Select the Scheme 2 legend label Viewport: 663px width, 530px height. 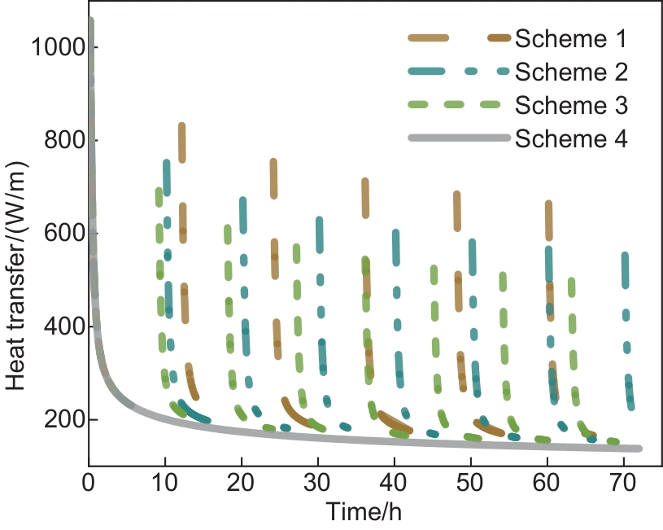[x=571, y=72]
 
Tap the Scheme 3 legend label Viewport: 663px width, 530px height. [x=571, y=105]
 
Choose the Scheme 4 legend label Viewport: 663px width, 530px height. [x=571, y=139]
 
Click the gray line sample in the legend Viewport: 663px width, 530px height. [x=460, y=139]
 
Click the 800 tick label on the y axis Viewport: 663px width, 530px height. [x=60, y=141]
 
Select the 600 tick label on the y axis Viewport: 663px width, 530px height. [x=60, y=234]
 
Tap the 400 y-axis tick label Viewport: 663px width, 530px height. [x=60, y=327]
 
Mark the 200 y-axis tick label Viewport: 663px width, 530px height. [x=60, y=420]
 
